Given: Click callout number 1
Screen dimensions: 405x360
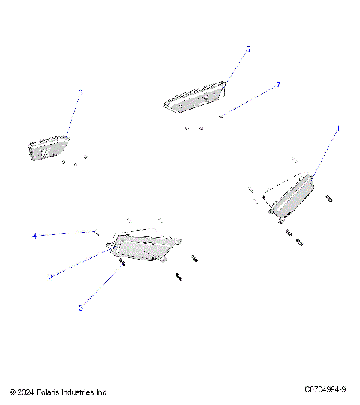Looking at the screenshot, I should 337,129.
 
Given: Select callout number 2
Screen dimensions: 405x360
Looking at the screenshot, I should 50,277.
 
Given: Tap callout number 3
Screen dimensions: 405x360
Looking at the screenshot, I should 81,307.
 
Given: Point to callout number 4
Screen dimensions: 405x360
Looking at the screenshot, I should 34,235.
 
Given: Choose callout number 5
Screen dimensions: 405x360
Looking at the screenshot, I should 248,49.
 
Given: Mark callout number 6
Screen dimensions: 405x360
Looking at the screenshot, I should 80,92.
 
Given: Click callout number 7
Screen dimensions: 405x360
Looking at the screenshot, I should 278,85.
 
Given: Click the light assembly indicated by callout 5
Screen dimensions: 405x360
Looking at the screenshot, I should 195,97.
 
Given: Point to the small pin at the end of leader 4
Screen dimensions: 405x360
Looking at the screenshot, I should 97,232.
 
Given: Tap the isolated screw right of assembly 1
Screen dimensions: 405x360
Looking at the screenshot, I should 330,198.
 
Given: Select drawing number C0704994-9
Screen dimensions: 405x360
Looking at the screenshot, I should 325,389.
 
